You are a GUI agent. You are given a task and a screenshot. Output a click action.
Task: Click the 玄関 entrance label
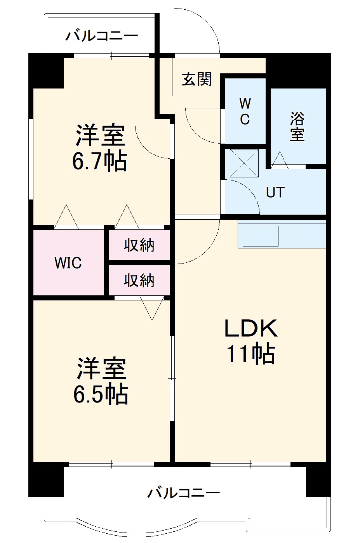click(197, 80)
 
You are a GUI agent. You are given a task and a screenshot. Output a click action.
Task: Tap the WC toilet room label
click(245, 111)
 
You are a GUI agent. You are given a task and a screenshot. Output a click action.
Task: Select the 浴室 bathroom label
click(297, 127)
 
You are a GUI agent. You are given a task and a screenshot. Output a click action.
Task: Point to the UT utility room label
click(275, 192)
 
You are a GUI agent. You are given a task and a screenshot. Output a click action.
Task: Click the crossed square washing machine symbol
click(244, 163)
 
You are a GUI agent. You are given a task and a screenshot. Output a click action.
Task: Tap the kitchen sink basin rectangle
click(260, 236)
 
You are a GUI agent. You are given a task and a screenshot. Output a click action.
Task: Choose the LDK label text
click(251, 328)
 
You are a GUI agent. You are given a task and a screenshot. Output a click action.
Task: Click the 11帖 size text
click(251, 354)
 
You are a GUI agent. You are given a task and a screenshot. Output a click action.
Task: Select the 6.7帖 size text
click(100, 161)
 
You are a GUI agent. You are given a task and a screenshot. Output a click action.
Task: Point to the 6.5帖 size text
click(101, 394)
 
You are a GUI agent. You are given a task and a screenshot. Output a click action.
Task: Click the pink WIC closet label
click(68, 263)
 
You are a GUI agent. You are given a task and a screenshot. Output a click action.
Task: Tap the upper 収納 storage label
click(139, 245)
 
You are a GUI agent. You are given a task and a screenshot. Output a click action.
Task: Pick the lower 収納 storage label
click(139, 280)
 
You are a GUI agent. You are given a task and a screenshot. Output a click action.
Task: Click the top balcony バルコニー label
click(101, 36)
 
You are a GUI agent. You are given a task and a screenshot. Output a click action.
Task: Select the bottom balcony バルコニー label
click(183, 493)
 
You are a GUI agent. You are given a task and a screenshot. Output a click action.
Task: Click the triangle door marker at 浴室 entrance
click(279, 160)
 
